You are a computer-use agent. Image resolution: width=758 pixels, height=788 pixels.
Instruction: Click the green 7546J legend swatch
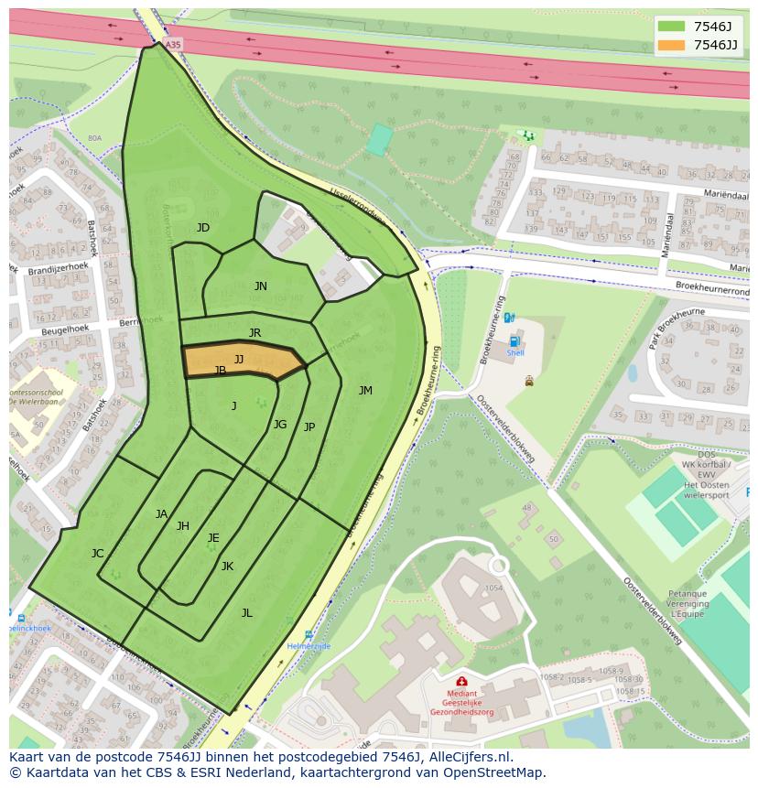(x=671, y=26)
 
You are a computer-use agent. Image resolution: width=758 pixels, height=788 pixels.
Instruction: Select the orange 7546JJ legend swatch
(x=671, y=45)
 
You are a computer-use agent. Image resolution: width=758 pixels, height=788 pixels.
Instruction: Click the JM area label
(x=365, y=391)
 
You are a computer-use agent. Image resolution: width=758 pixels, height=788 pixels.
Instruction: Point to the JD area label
(x=203, y=228)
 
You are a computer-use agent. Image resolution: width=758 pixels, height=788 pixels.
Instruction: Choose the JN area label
(x=261, y=286)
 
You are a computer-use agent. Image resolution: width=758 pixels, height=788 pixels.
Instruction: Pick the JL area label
(x=246, y=613)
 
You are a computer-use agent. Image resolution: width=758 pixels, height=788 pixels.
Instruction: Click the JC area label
(x=97, y=554)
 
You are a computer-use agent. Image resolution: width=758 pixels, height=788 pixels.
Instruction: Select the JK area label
(x=227, y=567)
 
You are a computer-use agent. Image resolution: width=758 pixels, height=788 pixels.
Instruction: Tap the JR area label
(x=254, y=333)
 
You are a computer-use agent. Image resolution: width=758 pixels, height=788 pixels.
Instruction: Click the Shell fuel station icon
(x=514, y=340)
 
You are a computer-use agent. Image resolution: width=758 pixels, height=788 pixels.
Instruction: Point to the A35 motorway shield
(x=174, y=44)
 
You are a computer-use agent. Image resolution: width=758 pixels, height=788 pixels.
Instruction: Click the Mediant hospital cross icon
(x=461, y=682)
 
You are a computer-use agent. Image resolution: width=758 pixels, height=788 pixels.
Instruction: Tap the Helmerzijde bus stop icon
(x=309, y=634)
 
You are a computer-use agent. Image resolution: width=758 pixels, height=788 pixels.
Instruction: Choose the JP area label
(x=309, y=427)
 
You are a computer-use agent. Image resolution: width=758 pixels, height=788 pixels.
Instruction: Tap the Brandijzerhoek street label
(x=57, y=271)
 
